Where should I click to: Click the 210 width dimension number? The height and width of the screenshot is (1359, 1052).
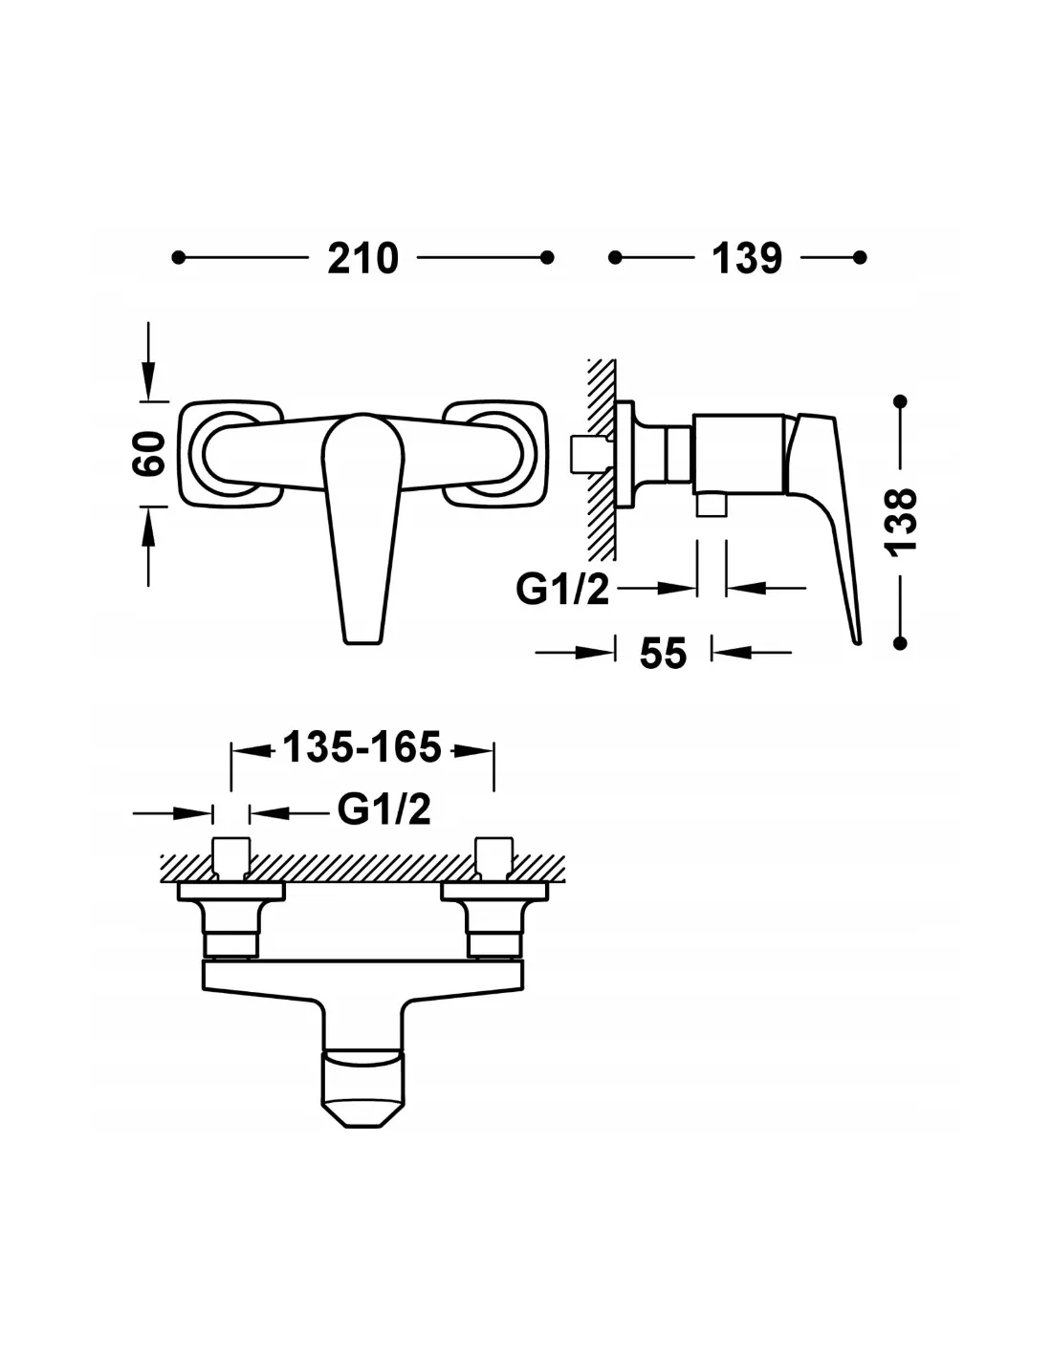tap(363, 258)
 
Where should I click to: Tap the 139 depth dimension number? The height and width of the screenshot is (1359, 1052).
tap(747, 258)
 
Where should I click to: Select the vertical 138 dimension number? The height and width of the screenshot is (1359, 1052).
tap(900, 520)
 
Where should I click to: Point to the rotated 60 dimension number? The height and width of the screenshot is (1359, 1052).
tap(149, 453)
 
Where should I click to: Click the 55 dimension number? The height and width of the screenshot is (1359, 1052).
tap(664, 654)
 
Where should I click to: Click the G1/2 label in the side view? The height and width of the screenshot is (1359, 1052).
tap(562, 589)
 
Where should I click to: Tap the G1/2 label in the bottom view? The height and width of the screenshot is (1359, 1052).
tap(384, 809)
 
